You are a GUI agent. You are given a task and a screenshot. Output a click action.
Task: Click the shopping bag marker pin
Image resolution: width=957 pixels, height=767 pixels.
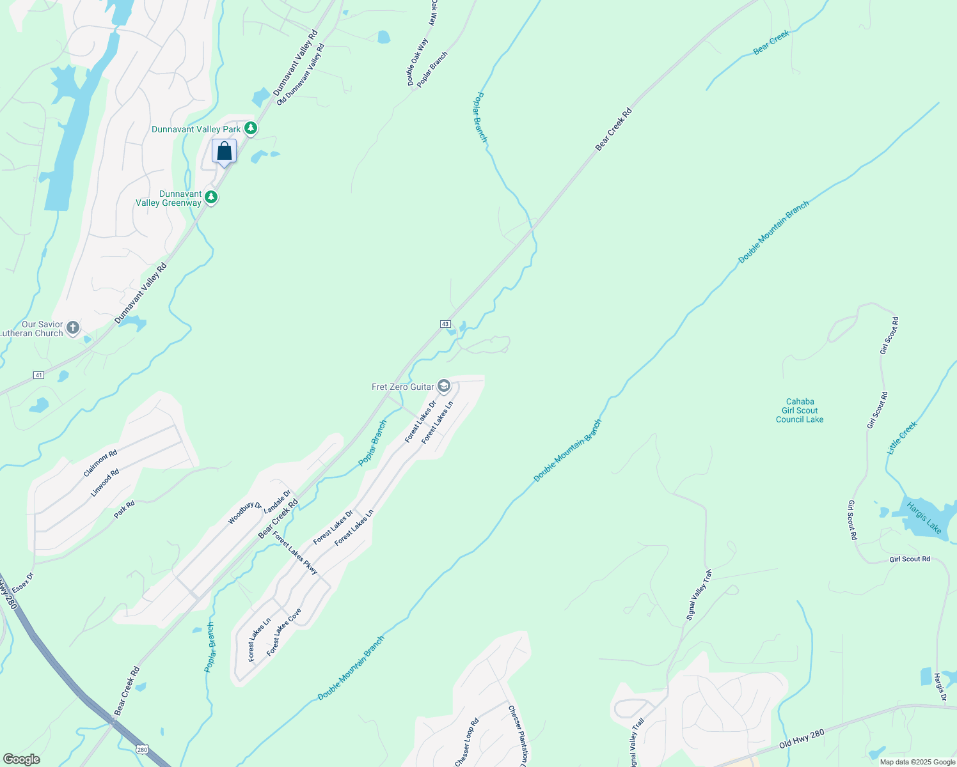pos(224,151)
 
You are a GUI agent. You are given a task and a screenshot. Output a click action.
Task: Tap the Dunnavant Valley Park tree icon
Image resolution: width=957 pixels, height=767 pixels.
pos(251,128)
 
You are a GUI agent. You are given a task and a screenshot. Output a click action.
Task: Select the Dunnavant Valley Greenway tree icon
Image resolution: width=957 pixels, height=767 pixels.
pos(211,198)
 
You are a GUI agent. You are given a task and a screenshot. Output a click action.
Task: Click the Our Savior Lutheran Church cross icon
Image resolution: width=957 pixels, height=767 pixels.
pos(73,329)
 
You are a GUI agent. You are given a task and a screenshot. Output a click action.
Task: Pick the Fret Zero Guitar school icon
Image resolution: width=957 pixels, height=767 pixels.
pos(444,386)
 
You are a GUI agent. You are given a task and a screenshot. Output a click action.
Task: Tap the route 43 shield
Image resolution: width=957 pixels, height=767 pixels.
pos(445,324)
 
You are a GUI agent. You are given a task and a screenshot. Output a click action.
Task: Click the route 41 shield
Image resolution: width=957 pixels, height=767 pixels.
pos(39,375)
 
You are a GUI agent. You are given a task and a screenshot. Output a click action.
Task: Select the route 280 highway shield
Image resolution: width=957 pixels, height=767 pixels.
pos(142,748)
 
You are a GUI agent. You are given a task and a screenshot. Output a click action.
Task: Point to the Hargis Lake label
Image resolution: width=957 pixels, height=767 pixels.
pos(924,518)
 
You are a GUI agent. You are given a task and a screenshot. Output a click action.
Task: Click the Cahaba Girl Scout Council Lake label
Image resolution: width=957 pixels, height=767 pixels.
pos(800,410)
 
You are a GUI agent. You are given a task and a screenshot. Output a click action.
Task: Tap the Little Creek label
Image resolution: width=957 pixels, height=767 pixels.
pos(902,438)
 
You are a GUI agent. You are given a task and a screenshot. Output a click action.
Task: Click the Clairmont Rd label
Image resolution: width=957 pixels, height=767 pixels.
pos(100,463)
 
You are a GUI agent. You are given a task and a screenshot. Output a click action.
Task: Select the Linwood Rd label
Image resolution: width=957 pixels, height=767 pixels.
pos(105,483)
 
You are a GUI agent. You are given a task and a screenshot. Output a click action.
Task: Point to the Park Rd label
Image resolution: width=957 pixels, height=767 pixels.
pos(124,509)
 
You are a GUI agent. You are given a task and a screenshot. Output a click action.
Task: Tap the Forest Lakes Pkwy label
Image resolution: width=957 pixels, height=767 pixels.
pos(295,553)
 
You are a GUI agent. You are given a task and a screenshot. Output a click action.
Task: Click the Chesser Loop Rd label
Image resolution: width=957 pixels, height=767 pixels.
pos(467,743)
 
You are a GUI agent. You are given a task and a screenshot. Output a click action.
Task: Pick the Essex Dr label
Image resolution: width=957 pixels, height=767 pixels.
pos(22,582)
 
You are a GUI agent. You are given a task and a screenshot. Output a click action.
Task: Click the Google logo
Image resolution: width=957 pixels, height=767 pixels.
pos(21,759)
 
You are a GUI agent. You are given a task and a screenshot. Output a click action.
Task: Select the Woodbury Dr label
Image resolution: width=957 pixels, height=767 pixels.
pos(245,513)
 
